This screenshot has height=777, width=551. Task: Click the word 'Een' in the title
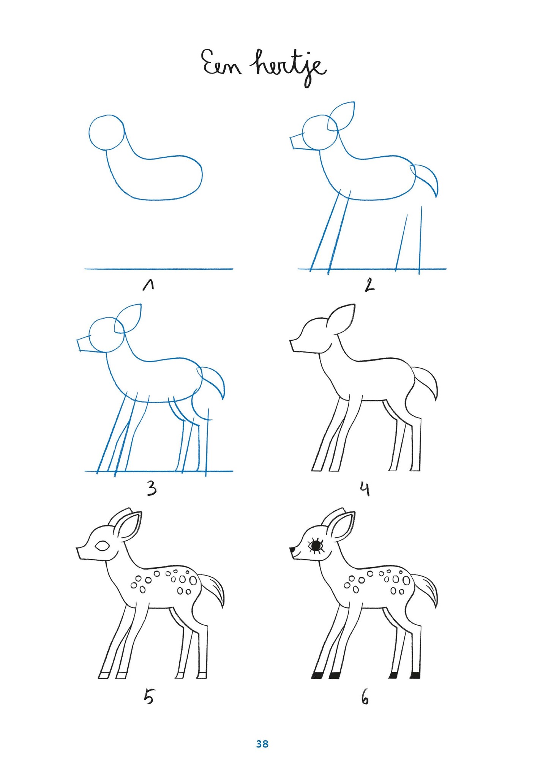coord(221,63)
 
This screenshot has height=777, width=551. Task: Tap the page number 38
coord(262,744)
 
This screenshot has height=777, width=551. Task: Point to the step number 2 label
coord(369,285)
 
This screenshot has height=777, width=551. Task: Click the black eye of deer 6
coord(316,546)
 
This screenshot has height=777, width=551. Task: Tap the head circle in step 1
coord(107,132)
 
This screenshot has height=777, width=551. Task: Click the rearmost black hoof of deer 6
coord(415,675)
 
